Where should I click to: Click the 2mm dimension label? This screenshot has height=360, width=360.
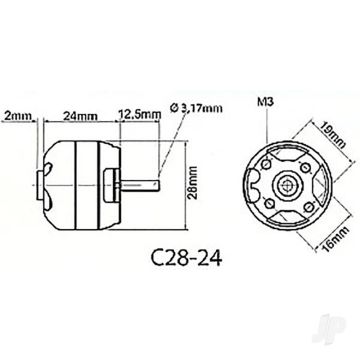click(16, 114)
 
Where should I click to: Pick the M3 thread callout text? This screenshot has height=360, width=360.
click(264, 102)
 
